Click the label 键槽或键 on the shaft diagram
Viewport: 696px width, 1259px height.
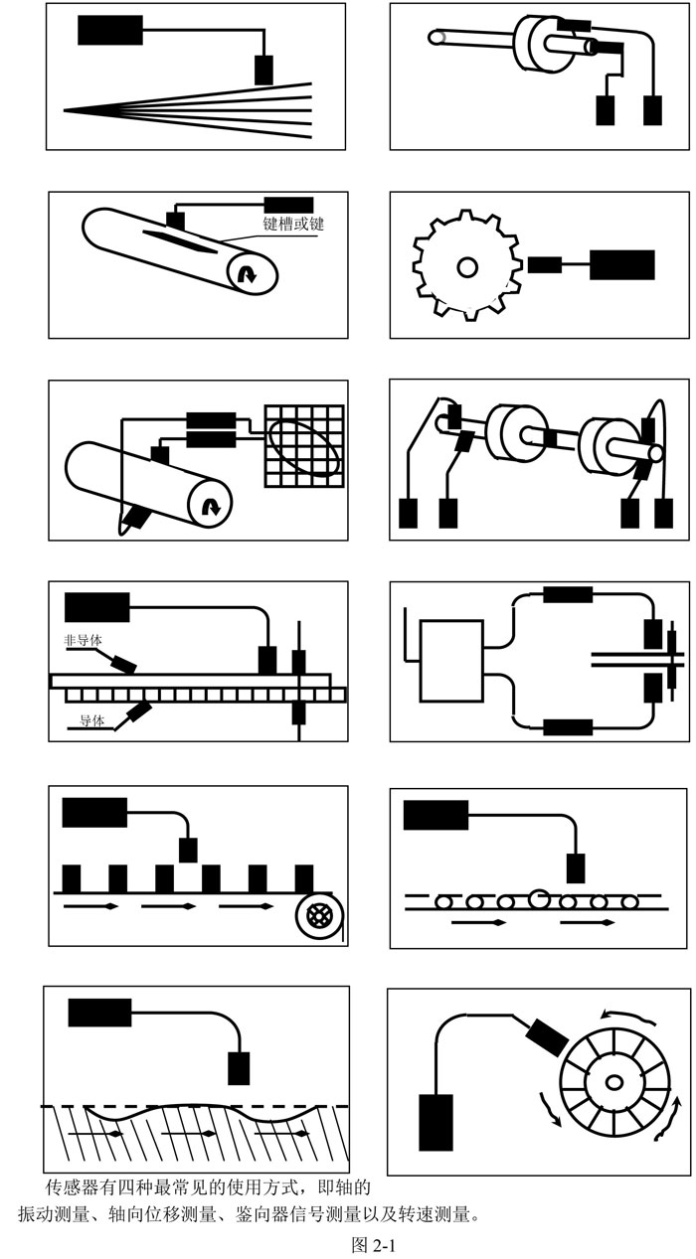pos(293,225)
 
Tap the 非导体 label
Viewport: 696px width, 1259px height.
pos(83,641)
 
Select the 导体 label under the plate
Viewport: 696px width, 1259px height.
pos(91,721)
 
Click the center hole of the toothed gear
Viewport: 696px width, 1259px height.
pos(466,266)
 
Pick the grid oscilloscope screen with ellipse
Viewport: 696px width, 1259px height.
pos(303,446)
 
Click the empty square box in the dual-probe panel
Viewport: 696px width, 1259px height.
pos(451,661)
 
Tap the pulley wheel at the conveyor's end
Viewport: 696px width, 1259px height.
pos(318,913)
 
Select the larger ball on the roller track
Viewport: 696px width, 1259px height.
pos(538,899)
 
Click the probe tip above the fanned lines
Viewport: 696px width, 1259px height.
pos(263,70)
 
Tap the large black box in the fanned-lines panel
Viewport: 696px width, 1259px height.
pos(109,30)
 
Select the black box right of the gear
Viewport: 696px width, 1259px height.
pos(621,265)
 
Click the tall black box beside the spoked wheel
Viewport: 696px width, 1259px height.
pos(435,1122)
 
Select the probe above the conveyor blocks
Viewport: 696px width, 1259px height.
pos(188,850)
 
